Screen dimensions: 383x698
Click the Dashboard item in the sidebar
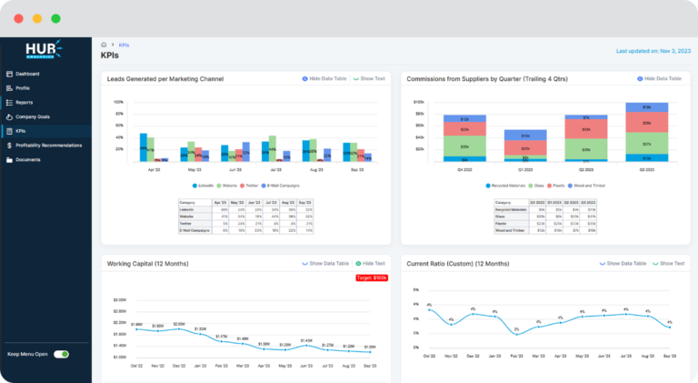26,74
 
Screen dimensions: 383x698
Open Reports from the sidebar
24,102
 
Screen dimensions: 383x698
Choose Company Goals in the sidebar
32,116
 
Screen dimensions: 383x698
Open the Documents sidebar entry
27,159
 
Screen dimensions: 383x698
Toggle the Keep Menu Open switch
61,354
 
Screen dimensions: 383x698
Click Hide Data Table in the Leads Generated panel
324,79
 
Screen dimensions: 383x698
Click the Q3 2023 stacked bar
646,132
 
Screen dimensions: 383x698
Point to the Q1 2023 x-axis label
524,169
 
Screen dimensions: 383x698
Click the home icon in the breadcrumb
105,44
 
